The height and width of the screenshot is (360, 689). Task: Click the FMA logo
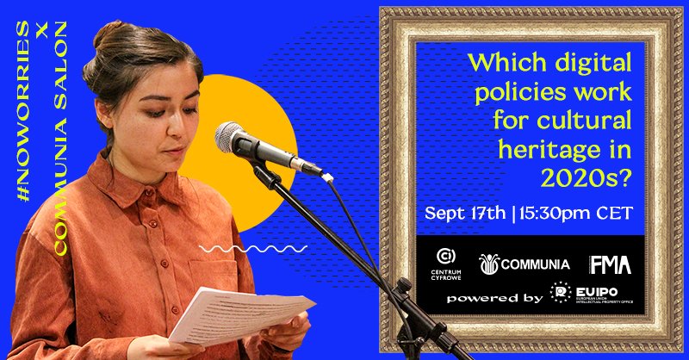point(611,264)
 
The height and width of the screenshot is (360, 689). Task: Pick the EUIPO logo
point(595,294)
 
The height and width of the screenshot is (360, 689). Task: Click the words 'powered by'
point(494,297)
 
